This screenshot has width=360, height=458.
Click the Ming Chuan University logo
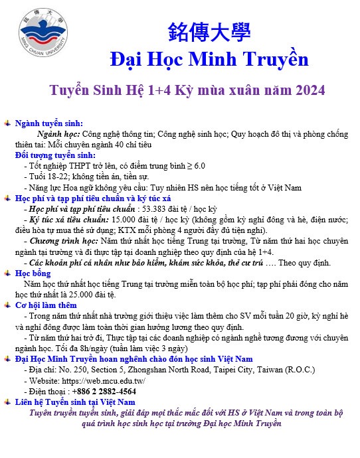45,31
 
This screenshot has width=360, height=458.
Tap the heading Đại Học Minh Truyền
209,59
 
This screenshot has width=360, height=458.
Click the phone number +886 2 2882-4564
107,391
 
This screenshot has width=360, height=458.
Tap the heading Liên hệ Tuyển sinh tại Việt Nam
75,402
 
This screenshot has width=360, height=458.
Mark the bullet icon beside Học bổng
7,273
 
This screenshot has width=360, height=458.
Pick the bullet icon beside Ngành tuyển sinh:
7,123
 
